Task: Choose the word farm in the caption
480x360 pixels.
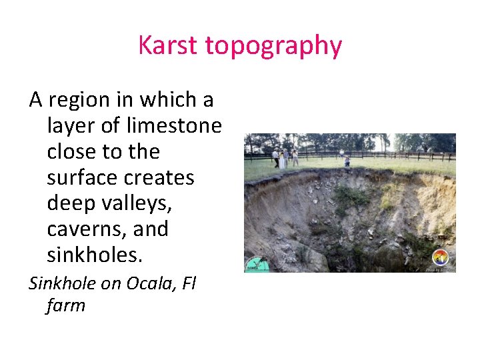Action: click(66, 306)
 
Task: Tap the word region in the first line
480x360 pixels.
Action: click(81, 101)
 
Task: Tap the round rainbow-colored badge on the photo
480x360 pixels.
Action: click(440, 257)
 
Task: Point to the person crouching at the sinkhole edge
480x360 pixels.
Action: click(347, 161)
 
